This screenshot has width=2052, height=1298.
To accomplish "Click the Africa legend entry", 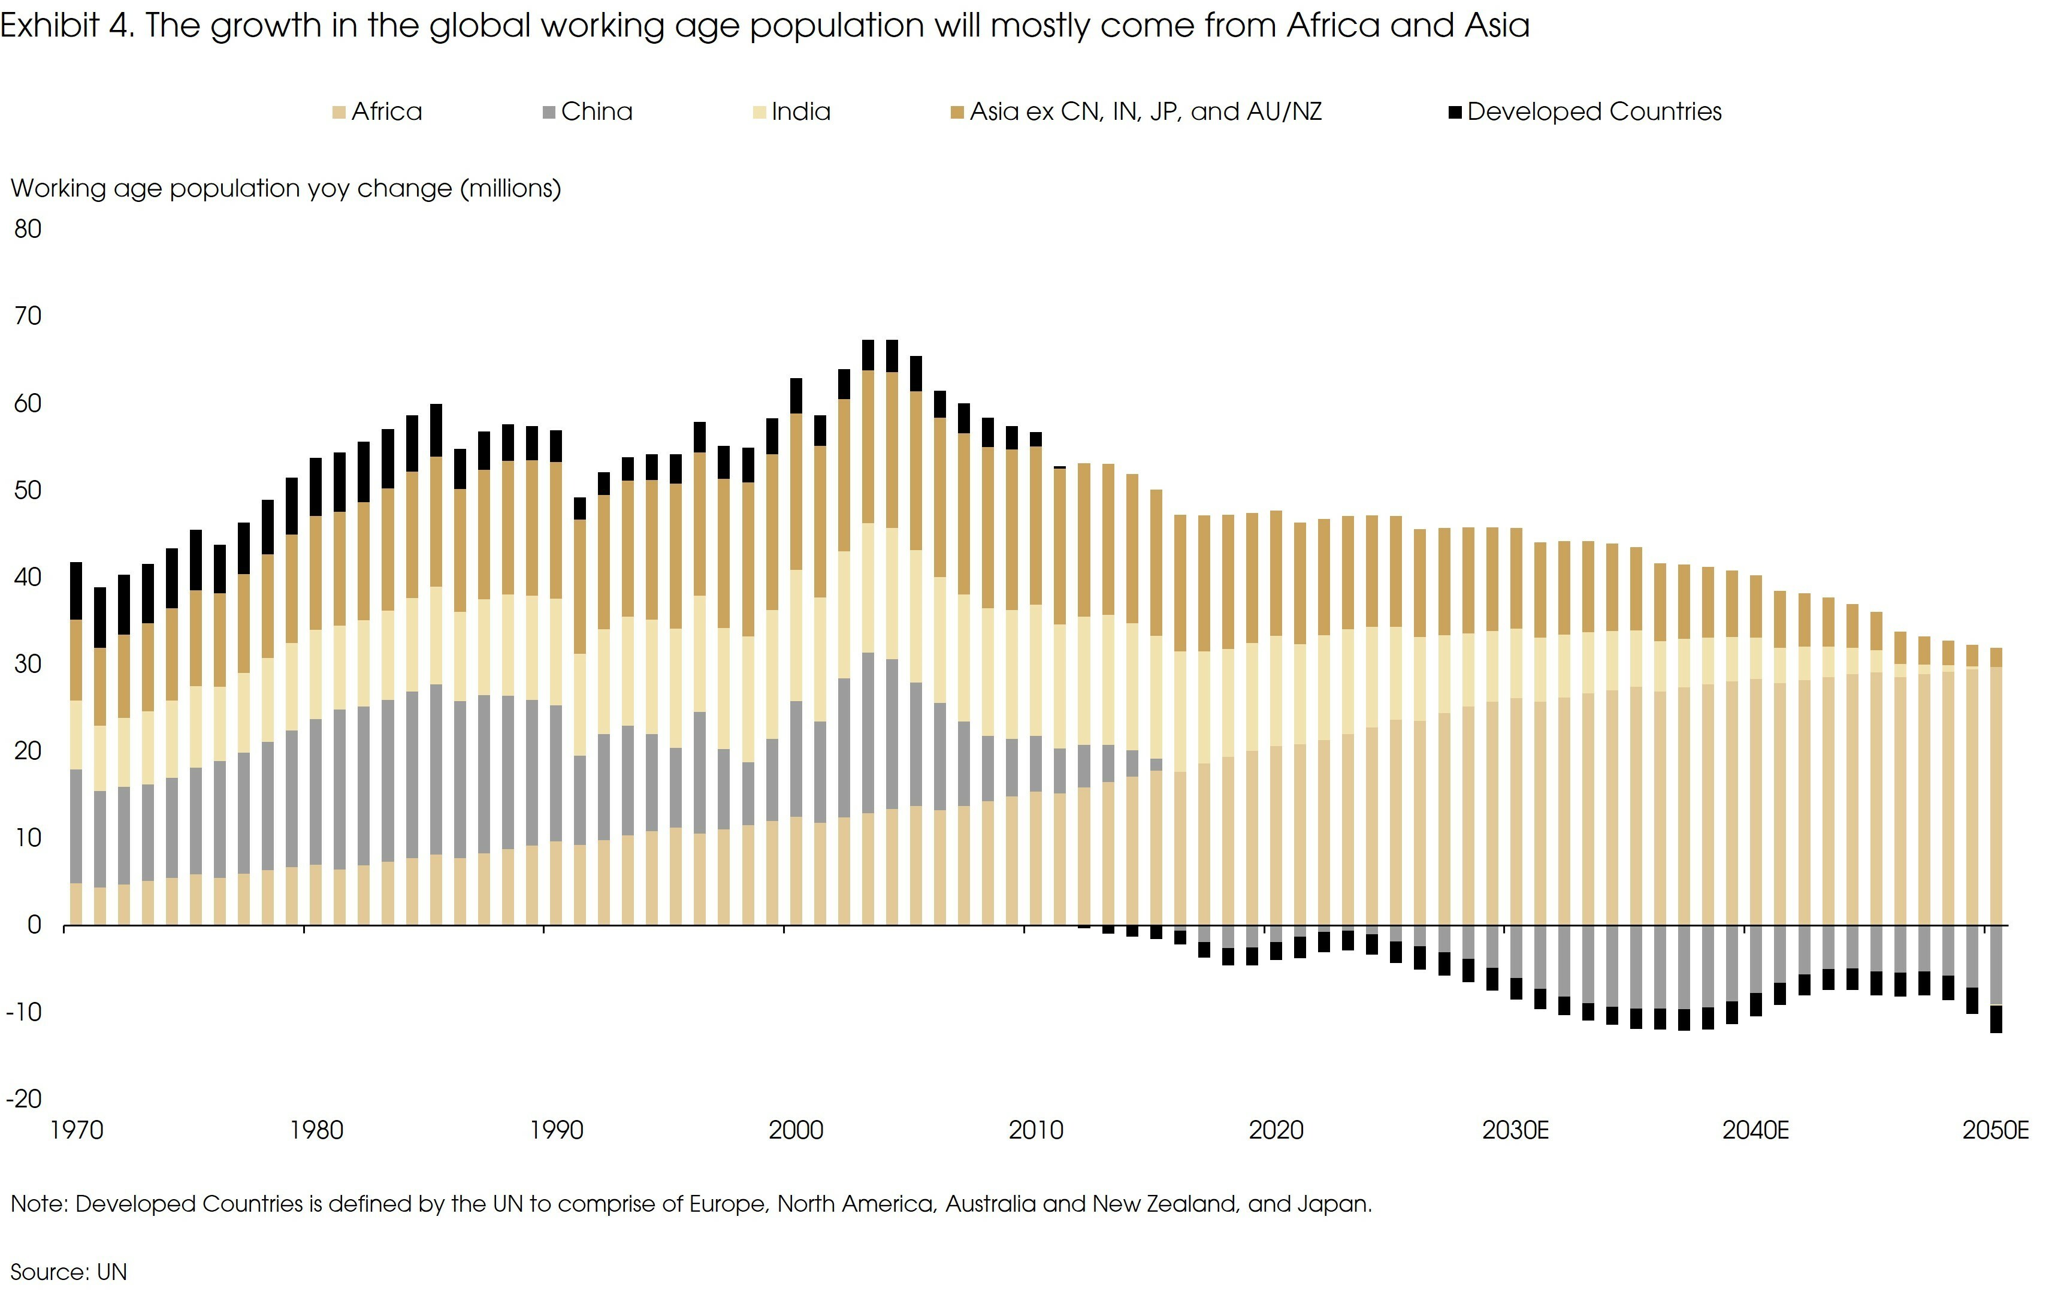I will tap(377, 111).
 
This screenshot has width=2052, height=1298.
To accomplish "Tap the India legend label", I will tap(800, 111).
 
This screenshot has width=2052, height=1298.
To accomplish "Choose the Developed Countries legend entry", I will tap(1585, 111).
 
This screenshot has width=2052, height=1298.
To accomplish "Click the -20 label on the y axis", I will tap(24, 1098).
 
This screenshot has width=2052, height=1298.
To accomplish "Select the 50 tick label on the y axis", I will tap(28, 490).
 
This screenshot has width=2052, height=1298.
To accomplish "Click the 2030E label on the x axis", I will tap(1515, 1130).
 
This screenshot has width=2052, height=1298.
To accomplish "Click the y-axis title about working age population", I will tap(285, 188).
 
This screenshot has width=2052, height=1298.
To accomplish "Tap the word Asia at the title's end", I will tap(1497, 26).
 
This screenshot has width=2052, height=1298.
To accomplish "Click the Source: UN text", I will tap(68, 1272).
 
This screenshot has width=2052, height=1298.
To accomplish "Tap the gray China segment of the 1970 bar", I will tap(76, 825).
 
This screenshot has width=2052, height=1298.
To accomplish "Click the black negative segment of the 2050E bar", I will tap(1996, 1019).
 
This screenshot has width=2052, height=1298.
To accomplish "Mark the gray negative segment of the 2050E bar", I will tap(1996, 965).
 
